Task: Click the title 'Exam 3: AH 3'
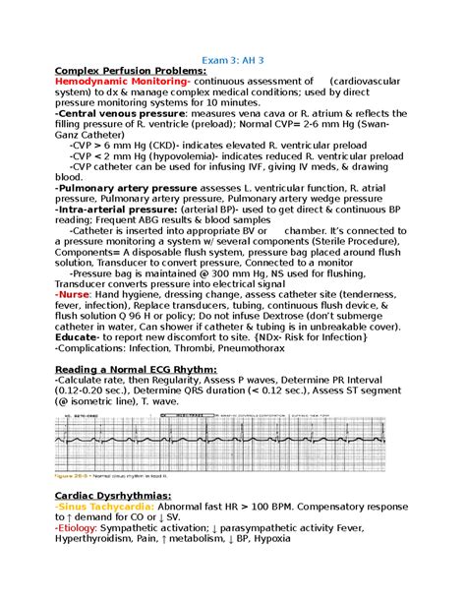tap(233, 58)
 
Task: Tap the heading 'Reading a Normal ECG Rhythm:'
tap(135, 369)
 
